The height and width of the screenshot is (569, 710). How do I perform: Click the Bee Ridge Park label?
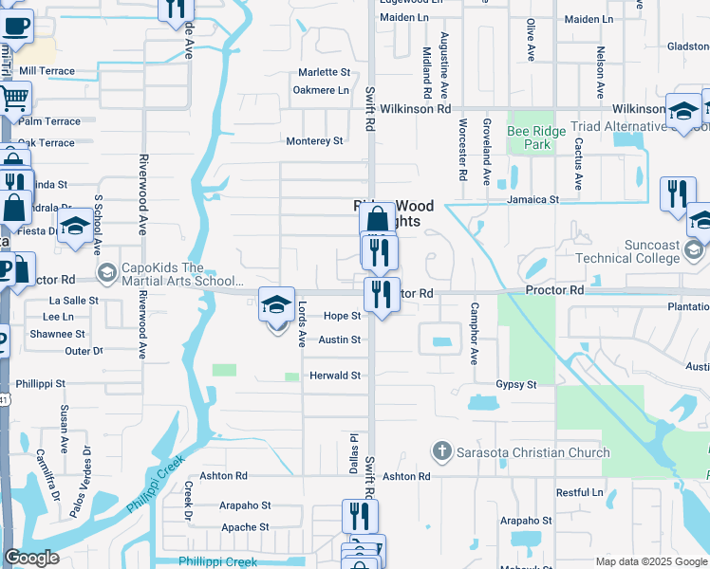530,138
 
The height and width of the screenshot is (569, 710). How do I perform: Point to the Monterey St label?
314,141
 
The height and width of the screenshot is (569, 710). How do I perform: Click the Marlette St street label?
325,72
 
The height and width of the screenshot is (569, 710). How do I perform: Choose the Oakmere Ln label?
321,90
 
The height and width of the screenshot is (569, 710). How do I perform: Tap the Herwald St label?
335,376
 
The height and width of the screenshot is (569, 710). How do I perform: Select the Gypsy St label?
516,385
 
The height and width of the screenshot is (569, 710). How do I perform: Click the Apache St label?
246,527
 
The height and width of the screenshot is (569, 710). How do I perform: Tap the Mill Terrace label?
47,71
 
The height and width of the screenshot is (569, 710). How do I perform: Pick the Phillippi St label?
40,384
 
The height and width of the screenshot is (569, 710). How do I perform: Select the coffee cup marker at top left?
14,24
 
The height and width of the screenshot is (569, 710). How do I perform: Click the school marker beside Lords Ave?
276,304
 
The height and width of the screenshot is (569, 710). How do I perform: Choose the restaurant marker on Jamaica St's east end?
677,193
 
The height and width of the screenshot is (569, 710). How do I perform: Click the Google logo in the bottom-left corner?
31,558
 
